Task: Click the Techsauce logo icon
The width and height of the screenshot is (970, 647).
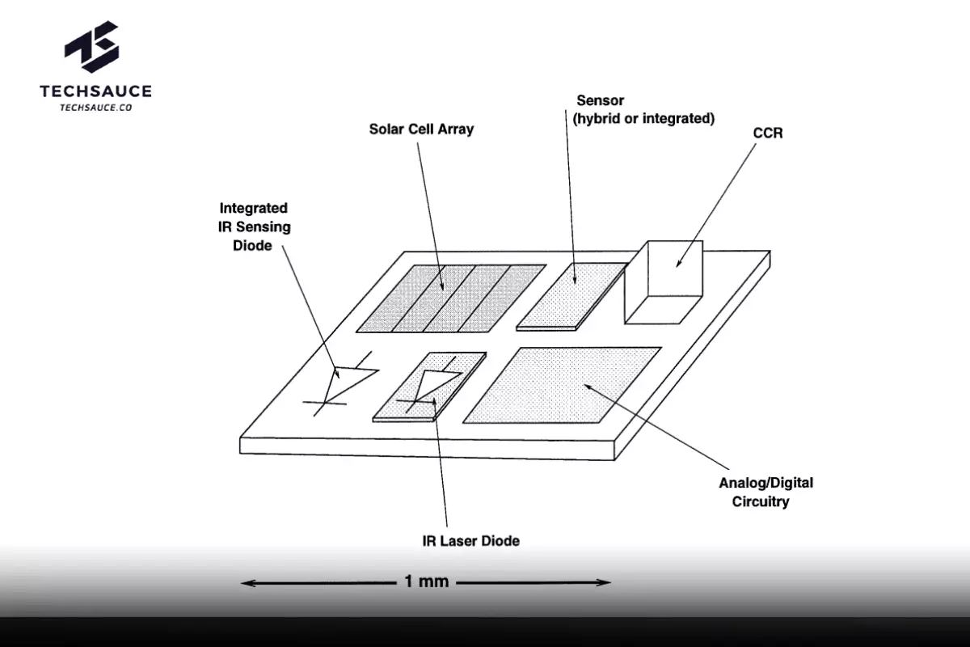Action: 91,47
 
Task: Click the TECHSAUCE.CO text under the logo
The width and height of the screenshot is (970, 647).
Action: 95,108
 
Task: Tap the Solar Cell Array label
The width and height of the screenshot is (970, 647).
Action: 421,129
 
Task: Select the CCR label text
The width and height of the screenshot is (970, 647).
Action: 768,133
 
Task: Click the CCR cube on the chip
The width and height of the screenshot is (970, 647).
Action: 664,282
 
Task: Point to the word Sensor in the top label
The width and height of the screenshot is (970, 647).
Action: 600,100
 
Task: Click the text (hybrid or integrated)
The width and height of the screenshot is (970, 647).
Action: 643,118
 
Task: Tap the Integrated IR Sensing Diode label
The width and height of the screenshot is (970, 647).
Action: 254,226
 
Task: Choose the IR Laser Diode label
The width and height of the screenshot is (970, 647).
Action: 470,541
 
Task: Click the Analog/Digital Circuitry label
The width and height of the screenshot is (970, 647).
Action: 766,492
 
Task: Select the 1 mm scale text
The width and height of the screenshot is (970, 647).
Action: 426,581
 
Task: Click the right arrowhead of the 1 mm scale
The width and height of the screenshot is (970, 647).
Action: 603,582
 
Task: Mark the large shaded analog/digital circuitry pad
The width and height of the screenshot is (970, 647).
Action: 562,385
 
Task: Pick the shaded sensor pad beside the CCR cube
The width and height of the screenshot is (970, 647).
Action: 571,296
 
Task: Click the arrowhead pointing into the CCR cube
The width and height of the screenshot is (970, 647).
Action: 678,263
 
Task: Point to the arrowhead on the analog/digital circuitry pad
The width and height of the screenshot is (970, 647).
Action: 588,387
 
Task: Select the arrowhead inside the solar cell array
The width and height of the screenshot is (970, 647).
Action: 442,286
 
